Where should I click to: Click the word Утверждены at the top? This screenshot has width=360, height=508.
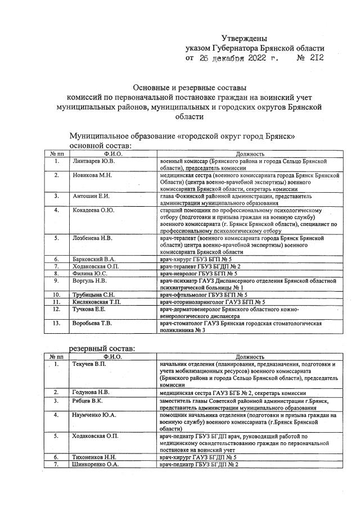(x=244, y=38)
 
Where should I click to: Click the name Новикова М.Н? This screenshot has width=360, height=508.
(x=93, y=175)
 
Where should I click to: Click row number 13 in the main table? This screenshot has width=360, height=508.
(x=57, y=323)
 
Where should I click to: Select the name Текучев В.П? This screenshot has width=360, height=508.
(x=91, y=365)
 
